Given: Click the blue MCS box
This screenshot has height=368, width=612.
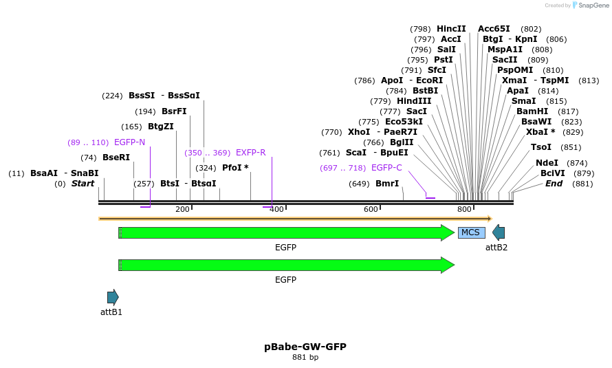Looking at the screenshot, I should pyautogui.click(x=471, y=232).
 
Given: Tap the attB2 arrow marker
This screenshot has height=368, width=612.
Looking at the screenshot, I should pyautogui.click(x=499, y=232).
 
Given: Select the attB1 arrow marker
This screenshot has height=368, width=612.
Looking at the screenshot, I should pyautogui.click(x=113, y=297).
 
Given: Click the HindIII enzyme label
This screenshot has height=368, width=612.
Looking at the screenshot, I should pyautogui.click(x=414, y=101).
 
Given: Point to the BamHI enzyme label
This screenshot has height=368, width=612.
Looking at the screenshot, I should pyautogui.click(x=532, y=111).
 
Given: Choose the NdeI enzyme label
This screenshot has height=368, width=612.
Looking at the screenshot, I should pyautogui.click(x=547, y=163).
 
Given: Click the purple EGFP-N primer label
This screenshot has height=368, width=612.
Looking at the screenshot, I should pyautogui.click(x=129, y=142).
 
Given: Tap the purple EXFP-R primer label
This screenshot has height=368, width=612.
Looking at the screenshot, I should pyautogui.click(x=250, y=153).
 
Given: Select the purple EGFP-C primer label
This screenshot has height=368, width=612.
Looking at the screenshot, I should pyautogui.click(x=386, y=168).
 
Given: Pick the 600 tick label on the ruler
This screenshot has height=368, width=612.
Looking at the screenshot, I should pyautogui.click(x=371, y=209).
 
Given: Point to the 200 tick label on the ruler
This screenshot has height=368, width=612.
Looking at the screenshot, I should pyautogui.click(x=182, y=209).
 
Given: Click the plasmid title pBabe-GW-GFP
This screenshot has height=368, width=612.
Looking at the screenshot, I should pyautogui.click(x=305, y=347).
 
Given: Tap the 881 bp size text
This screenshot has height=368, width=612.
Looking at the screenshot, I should pyautogui.click(x=305, y=358).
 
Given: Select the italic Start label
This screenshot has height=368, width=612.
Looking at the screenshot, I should pyautogui.click(x=83, y=184).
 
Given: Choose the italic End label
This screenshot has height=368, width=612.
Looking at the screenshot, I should pyautogui.click(x=554, y=184).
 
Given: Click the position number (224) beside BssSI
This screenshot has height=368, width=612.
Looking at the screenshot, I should pyautogui.click(x=112, y=96).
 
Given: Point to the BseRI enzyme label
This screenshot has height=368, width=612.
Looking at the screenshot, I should pyautogui.click(x=116, y=158).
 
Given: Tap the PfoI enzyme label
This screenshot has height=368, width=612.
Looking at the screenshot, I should pyautogui.click(x=235, y=168).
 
